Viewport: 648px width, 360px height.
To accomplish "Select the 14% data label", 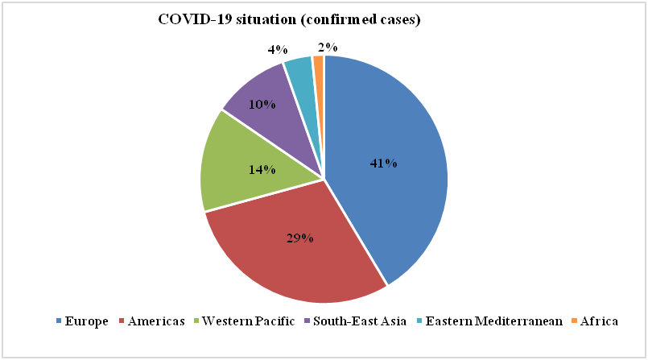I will (262, 170).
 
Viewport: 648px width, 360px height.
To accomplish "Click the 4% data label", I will (278, 50).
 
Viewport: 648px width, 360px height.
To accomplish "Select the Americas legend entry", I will (154, 321).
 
